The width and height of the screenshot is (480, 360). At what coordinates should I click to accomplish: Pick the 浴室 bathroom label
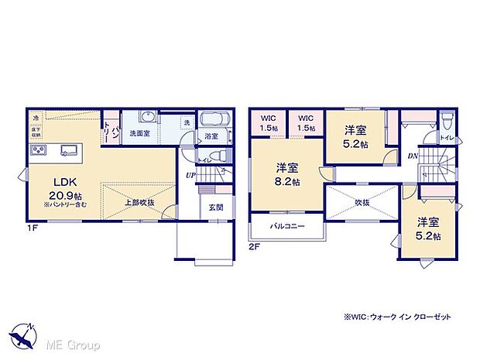click(x=211, y=136)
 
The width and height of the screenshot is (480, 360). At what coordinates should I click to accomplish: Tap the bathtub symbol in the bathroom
click(x=214, y=120)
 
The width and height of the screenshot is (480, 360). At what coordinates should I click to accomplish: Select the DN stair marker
click(x=413, y=156)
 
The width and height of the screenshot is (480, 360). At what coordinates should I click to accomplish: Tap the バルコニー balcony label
click(x=287, y=228)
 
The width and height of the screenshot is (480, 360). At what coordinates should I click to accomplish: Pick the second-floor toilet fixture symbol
click(x=447, y=122)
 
